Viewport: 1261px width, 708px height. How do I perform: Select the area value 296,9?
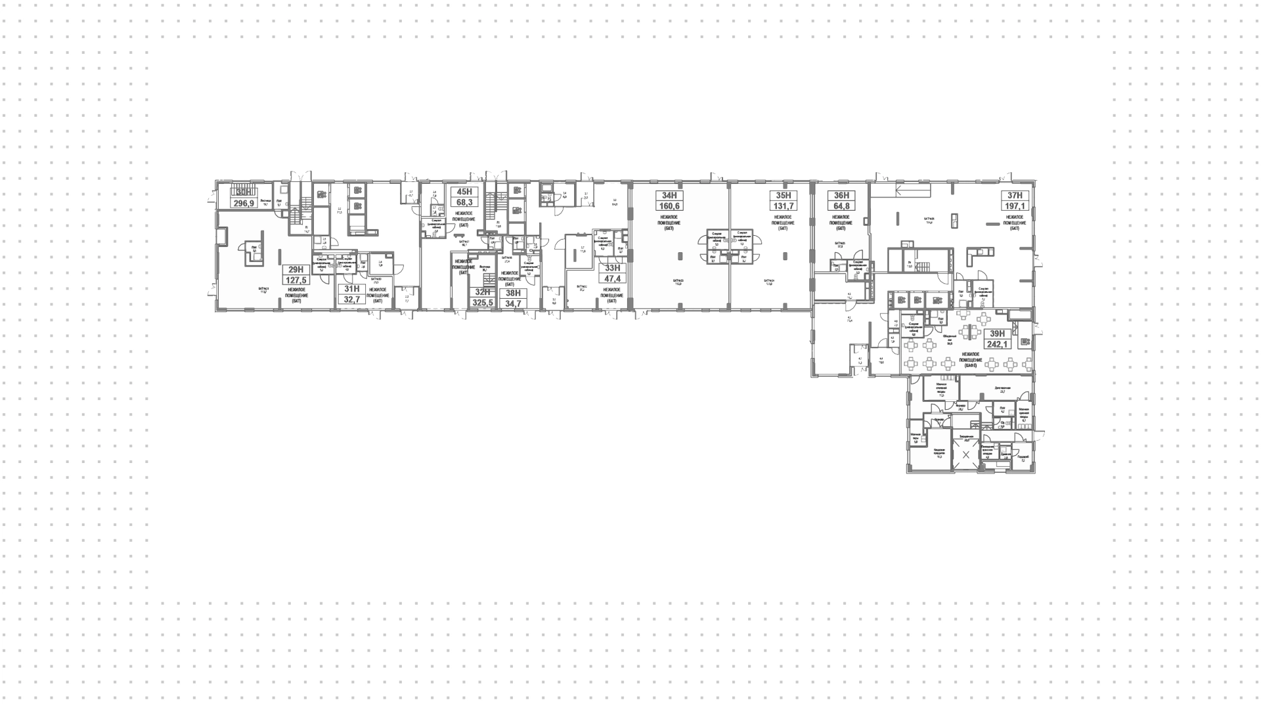click(x=244, y=204)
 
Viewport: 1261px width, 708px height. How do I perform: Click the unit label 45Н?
click(x=464, y=192)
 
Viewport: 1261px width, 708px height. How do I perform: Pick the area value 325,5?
click(x=483, y=303)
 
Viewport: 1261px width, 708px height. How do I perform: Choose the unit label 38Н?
click(x=512, y=293)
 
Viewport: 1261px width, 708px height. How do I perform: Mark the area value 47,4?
click(x=612, y=278)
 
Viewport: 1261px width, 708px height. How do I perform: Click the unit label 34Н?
click(x=669, y=195)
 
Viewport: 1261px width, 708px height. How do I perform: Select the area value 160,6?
click(x=669, y=206)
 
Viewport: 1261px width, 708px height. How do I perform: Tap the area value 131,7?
click(x=782, y=206)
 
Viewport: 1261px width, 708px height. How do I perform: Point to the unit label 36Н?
click(x=841, y=195)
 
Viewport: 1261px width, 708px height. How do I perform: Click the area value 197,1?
click(x=1015, y=206)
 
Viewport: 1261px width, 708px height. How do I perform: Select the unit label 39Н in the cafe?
click(x=998, y=334)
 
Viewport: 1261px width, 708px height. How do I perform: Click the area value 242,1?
click(x=998, y=344)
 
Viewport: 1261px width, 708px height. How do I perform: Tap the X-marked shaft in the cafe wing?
click(x=965, y=454)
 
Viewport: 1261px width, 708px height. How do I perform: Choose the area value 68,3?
click(x=464, y=203)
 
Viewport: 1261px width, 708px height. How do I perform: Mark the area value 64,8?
click(x=841, y=206)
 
